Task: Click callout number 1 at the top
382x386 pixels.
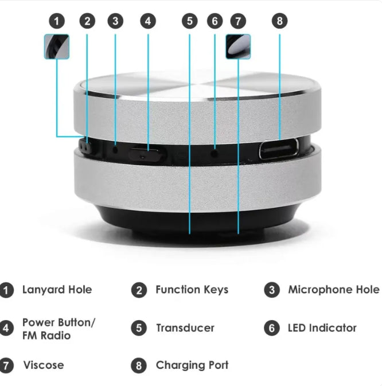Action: pos(56,21)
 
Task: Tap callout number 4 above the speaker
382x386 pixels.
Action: pos(147,21)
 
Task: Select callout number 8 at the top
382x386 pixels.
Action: pos(279,21)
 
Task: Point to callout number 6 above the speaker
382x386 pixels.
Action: pos(215,21)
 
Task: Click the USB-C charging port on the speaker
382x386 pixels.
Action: pos(279,150)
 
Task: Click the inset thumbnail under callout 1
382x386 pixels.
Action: pos(56,46)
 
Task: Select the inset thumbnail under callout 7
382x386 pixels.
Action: pos(238,46)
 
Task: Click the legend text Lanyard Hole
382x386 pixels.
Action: pos(57,290)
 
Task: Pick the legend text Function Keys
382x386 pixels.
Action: pos(192,290)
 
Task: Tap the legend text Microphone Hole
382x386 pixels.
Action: pos(333,290)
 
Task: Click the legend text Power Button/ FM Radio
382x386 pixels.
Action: pos(59,329)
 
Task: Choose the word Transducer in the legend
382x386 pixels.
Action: pos(185,329)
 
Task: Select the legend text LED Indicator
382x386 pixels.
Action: pos(322,329)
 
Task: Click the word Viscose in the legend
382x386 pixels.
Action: pos(44,365)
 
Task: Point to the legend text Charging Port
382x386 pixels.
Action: pos(192,365)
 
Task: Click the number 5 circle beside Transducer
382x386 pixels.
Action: pos(139,329)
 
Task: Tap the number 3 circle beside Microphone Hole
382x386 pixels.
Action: pos(272,290)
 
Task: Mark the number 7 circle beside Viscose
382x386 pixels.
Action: pos(6,365)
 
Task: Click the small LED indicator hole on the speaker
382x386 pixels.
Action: pos(215,153)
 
